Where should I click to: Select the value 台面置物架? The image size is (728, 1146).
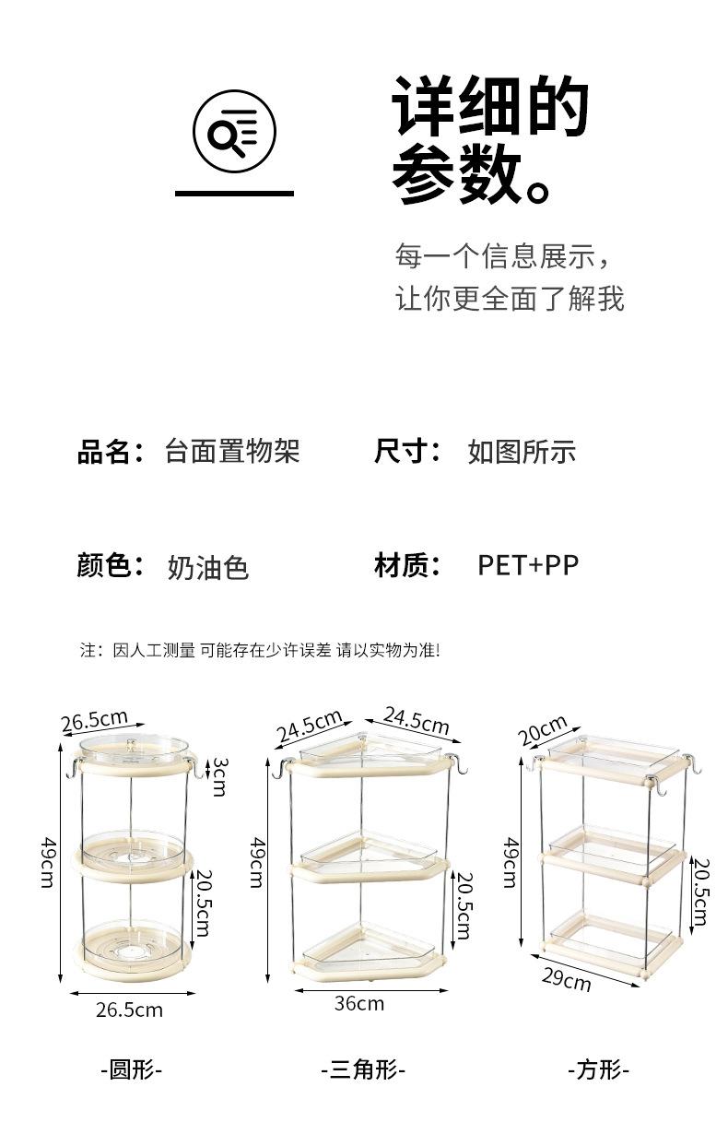click(232, 452)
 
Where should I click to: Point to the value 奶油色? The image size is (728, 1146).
click(208, 567)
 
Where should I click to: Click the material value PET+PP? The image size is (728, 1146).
click(528, 564)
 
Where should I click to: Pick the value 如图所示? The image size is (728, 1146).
click(522, 452)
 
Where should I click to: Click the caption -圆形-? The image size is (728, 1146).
click(131, 1070)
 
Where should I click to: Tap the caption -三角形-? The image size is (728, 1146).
click(363, 1070)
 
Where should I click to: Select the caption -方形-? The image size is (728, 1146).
click(598, 1070)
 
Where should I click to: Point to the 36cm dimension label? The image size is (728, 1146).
click(359, 1003)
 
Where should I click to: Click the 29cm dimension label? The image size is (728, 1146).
click(566, 978)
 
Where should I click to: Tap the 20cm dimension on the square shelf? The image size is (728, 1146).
click(542, 731)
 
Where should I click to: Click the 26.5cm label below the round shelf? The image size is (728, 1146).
click(129, 1010)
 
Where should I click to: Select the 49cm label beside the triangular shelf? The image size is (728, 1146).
click(259, 863)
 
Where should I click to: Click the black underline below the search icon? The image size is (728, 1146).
click(234, 194)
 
